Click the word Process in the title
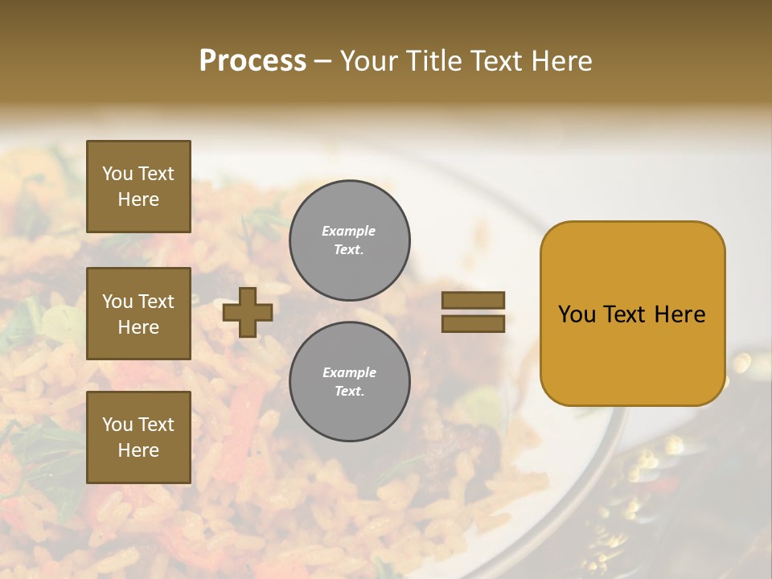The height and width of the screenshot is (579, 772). coord(253,60)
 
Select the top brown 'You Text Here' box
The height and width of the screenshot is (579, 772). coord(138,187)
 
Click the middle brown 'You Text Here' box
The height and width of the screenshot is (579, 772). coord(138,314)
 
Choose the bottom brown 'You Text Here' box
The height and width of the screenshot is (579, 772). coord(138,437)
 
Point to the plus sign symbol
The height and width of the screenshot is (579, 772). coord(248,312)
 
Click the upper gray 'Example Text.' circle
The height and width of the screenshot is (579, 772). coord(350,240)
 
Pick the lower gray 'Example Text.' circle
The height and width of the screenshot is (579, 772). coord(350,381)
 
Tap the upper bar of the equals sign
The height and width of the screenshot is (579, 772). coord(473,301)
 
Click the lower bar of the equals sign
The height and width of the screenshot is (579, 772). coord(473,324)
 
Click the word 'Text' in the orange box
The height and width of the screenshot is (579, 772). coord(626,314)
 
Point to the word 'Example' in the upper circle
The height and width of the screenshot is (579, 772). coord(348,231)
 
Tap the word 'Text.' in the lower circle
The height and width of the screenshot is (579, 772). coord(350,391)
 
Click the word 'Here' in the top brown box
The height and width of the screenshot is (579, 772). coord(138,199)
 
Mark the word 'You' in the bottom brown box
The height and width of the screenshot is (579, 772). coord(117,424)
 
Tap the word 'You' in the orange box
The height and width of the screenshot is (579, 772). coord(577,314)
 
